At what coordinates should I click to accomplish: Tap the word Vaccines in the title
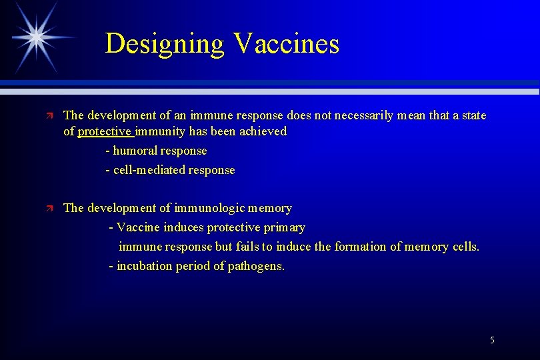pyautogui.click(x=287, y=44)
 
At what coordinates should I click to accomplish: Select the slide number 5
pyautogui.click(x=492, y=340)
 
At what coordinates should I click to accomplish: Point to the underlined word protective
pyautogui.click(x=104, y=131)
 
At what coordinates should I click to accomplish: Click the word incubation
pyautogui.click(x=145, y=266)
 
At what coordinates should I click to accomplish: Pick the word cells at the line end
pyautogui.click(x=465, y=247)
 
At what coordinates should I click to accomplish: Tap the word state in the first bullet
pyautogui.click(x=474, y=116)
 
